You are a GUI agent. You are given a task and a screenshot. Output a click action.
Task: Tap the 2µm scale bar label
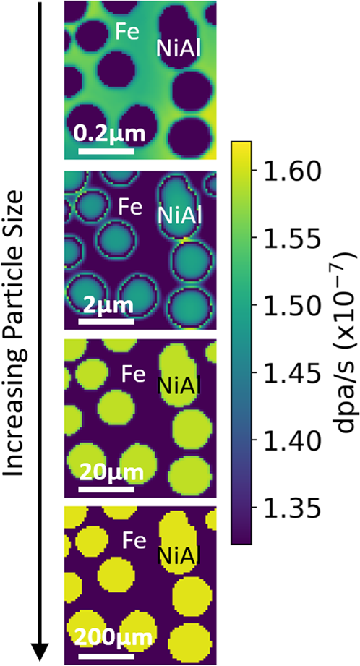pyautogui.click(x=106, y=303)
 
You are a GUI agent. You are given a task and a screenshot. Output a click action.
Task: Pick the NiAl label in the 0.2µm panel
pyautogui.click(x=178, y=48)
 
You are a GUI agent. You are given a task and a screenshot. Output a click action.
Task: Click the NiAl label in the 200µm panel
pyautogui.click(x=179, y=555)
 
